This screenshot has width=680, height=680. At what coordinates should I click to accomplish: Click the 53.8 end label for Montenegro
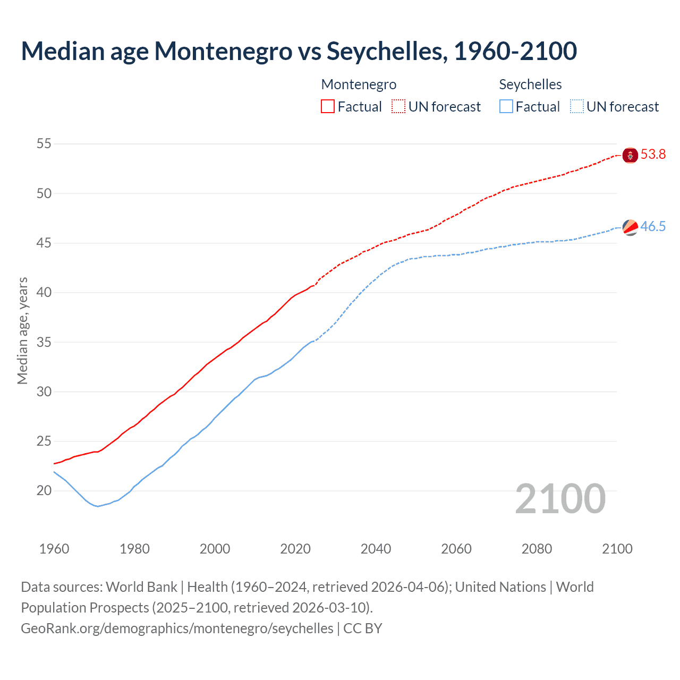pyautogui.click(x=653, y=155)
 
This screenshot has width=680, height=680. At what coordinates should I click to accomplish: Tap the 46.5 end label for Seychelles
pyautogui.click(x=653, y=227)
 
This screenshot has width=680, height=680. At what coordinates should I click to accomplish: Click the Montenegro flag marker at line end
pyautogui.click(x=630, y=155)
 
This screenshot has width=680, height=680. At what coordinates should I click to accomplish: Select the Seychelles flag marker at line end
pyautogui.click(x=630, y=227)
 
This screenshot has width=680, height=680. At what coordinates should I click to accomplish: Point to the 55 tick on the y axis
pyautogui.click(x=44, y=144)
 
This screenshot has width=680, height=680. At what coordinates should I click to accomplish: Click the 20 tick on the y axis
pyautogui.click(x=44, y=491)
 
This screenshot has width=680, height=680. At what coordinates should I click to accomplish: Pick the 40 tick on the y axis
pyautogui.click(x=44, y=293)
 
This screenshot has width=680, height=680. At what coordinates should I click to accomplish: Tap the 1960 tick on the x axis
pyautogui.click(x=54, y=549)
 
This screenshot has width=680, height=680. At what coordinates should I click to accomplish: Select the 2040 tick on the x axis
pyautogui.click(x=376, y=549)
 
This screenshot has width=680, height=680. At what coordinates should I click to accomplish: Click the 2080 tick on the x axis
pyautogui.click(x=537, y=549)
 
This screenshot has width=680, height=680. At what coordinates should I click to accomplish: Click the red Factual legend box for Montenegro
pyautogui.click(x=328, y=107)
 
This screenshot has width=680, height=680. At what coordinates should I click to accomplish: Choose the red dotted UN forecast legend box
pyautogui.click(x=398, y=107)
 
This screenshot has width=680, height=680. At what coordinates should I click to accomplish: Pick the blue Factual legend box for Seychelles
pyautogui.click(x=506, y=107)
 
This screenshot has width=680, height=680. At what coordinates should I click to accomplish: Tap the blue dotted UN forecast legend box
pyautogui.click(x=576, y=107)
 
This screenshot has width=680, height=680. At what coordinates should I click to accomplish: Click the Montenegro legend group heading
pyautogui.click(x=359, y=84)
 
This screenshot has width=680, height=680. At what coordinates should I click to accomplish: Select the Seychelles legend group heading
pyautogui.click(x=530, y=84)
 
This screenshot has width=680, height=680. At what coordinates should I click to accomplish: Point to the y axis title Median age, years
pyautogui.click(x=22, y=330)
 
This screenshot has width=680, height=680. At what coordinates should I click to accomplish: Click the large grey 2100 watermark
pyautogui.click(x=560, y=499)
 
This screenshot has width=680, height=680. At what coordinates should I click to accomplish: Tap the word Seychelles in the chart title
pyautogui.click(x=386, y=51)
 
